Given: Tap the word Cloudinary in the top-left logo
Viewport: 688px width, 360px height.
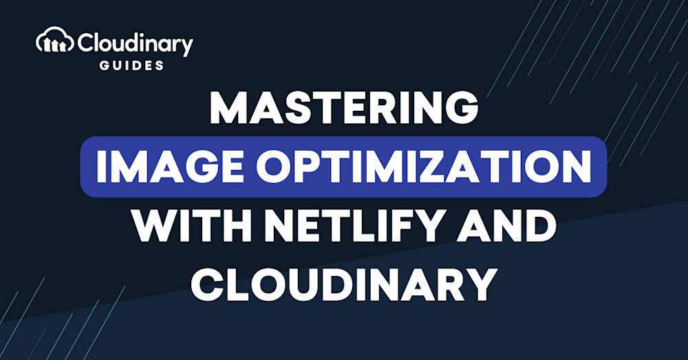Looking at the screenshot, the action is pos(135,43).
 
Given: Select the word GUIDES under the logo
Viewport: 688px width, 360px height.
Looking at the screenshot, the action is pos(131,65).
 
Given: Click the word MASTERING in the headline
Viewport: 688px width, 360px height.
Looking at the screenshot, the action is pos(344,108).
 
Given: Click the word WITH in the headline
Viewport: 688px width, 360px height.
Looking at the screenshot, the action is pos(193,227).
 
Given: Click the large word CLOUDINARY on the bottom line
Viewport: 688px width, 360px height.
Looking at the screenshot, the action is pos(344,285).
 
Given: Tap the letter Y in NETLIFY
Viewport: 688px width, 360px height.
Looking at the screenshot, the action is pos(436,227).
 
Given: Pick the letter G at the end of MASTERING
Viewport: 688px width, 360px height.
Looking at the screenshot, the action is pos(462,108).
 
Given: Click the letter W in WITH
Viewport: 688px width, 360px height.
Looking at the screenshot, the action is pos(154,227).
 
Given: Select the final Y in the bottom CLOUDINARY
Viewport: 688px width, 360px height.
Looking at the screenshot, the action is pos(482,285).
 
